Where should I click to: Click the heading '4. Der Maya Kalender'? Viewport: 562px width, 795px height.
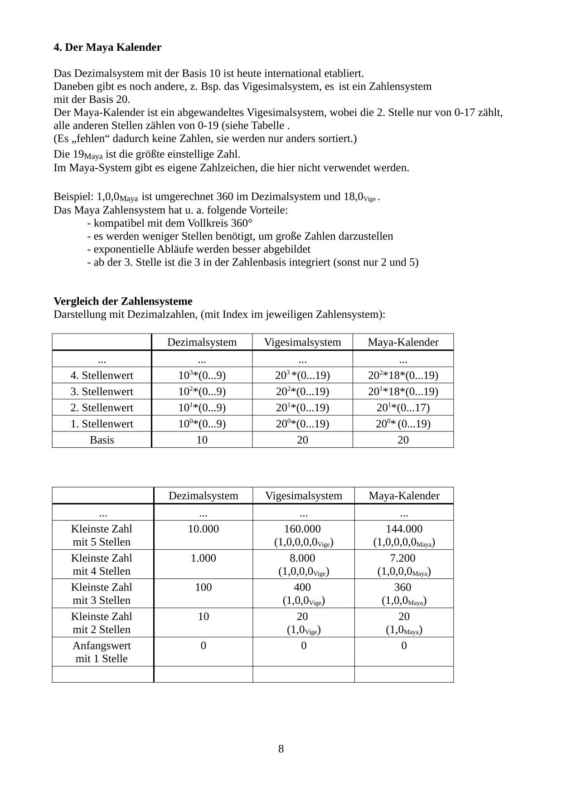coord(107,47)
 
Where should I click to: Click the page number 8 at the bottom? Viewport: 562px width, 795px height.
coord(281,749)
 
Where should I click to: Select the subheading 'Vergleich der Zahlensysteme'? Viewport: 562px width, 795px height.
coord(123,301)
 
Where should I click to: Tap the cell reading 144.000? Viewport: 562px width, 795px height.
coord(404,529)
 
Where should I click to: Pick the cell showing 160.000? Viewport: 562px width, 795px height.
coord(302,529)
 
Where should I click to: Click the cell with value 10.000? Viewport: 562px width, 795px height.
coord(203,529)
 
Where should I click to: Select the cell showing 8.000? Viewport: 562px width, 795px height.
coord(302,558)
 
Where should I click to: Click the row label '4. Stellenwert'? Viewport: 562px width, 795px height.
coord(102,375)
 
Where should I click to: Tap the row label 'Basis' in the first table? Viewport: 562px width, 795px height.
coord(102,440)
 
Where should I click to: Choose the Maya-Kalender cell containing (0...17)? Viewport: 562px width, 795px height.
coord(403,407)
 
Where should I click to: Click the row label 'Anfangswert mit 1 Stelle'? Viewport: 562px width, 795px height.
coord(102,652)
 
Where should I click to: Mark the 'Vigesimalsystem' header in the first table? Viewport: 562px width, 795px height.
coord(302,342)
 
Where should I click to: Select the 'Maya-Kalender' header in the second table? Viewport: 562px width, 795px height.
coord(404,496)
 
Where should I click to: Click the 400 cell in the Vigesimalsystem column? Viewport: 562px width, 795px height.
coord(302,587)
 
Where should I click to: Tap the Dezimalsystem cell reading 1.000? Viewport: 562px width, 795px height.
coord(203,558)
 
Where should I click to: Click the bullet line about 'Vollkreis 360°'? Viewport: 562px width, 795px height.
coord(170,223)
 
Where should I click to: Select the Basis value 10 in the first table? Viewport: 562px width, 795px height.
coord(202,440)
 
